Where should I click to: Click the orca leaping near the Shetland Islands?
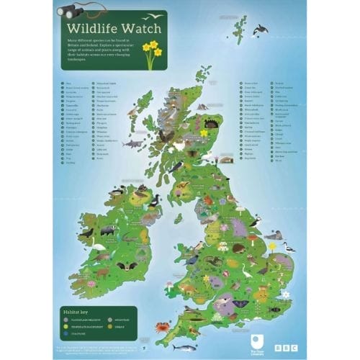(x=261, y=30)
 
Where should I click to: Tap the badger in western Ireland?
(x=107, y=231)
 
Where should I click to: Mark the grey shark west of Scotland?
(x=130, y=144)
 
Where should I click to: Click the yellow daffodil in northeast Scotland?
(x=204, y=132)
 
